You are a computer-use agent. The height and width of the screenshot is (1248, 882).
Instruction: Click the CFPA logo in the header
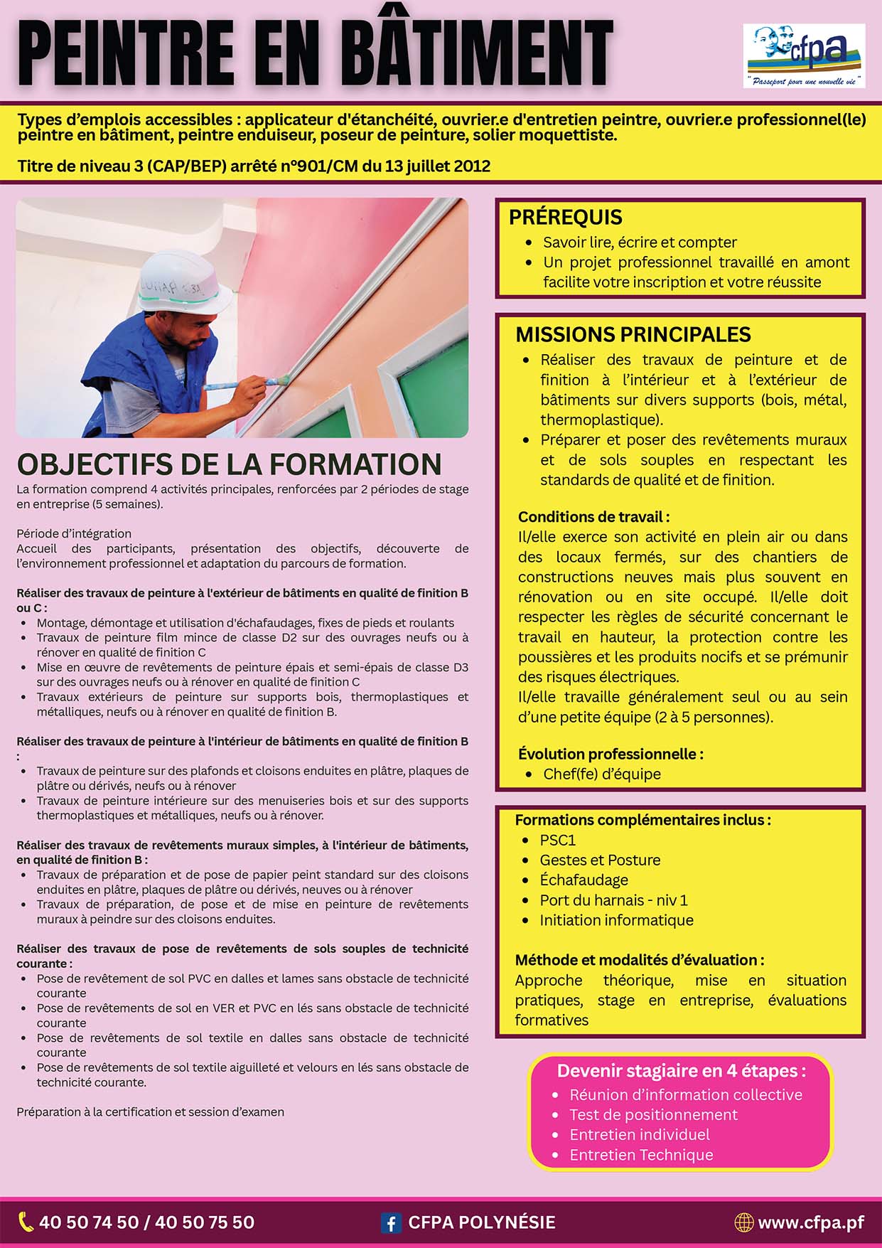(804, 55)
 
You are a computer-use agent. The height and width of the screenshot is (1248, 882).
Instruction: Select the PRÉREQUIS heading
(565, 217)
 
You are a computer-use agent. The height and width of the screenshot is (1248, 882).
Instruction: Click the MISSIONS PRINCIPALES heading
(633, 334)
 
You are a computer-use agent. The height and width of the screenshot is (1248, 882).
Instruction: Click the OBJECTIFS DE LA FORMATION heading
(229, 464)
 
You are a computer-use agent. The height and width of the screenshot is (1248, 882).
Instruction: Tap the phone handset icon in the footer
(26, 1222)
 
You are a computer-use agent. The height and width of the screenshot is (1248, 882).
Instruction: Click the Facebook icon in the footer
(390, 1222)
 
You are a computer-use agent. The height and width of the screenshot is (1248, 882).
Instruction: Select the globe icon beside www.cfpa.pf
(743, 1222)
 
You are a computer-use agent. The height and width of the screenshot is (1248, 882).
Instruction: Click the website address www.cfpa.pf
(811, 1222)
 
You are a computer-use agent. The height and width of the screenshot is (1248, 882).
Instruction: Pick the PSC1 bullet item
(557, 840)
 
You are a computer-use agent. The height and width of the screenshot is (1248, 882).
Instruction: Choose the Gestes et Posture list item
(599, 860)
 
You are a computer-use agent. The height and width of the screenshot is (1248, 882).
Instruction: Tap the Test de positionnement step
(653, 1114)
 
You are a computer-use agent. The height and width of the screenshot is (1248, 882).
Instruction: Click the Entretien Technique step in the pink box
(640, 1154)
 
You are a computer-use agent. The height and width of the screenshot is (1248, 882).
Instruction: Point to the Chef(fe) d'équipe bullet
(601, 774)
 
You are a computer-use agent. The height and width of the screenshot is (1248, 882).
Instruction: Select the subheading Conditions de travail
(593, 517)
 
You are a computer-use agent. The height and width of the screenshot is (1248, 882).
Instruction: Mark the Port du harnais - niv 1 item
(613, 900)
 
